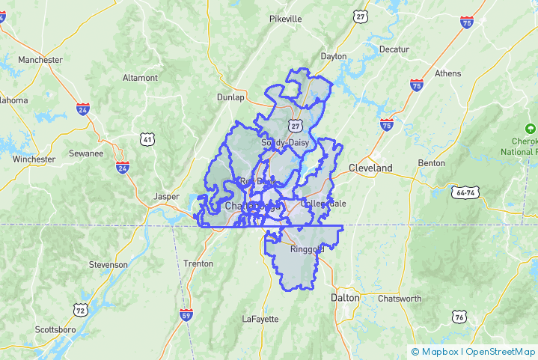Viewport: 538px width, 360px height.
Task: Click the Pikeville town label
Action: click(x=285, y=18)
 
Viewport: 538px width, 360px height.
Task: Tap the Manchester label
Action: click(x=40, y=60)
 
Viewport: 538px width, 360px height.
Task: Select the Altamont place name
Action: click(x=140, y=78)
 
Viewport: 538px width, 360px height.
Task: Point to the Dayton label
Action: click(x=333, y=56)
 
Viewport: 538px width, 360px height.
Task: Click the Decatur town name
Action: click(x=394, y=49)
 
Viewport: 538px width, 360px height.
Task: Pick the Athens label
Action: click(x=447, y=73)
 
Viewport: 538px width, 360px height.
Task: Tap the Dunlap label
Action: click(x=230, y=97)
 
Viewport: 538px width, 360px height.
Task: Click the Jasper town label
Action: click(x=166, y=196)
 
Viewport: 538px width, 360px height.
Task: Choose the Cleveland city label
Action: click(x=370, y=168)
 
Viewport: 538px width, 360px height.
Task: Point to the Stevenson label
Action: click(x=108, y=265)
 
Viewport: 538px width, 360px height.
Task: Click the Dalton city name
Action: click(x=345, y=298)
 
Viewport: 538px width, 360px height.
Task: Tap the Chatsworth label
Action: click(x=399, y=299)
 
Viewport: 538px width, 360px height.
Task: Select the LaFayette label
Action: click(x=260, y=319)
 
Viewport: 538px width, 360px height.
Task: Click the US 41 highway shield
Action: click(x=147, y=138)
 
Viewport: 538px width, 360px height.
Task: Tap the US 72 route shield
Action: click(x=79, y=309)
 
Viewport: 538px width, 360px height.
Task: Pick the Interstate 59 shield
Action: click(x=186, y=316)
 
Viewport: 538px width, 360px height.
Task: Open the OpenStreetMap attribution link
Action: click(x=501, y=352)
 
